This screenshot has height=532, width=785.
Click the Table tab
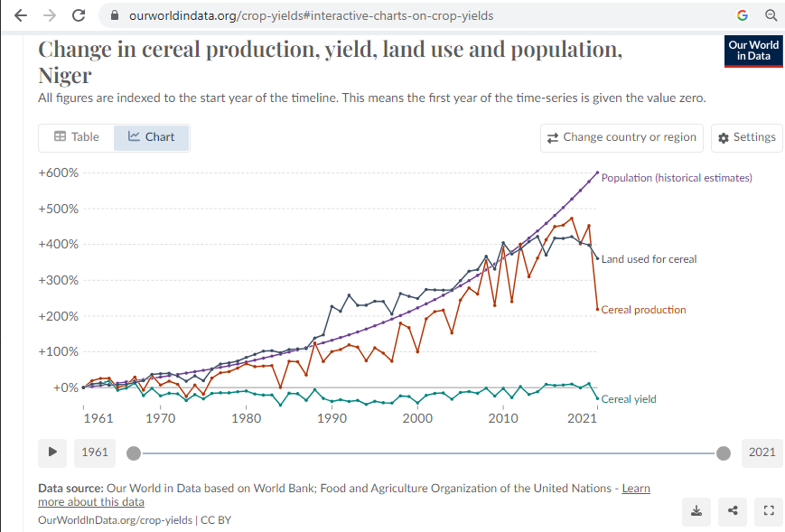(x=77, y=137)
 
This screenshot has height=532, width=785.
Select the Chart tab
(x=152, y=137)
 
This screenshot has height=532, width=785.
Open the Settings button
(x=746, y=137)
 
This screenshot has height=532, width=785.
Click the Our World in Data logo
(x=753, y=51)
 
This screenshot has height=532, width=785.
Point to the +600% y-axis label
(x=59, y=173)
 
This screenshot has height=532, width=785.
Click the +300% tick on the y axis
(x=59, y=280)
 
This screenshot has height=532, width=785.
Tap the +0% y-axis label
(x=64, y=387)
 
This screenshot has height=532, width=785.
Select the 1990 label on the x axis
(x=332, y=418)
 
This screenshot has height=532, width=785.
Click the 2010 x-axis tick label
(x=503, y=418)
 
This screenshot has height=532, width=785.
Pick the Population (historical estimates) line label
(x=677, y=178)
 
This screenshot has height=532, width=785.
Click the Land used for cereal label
(x=649, y=259)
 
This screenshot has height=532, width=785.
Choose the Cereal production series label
(x=643, y=310)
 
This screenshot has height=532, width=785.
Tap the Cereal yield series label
(x=629, y=398)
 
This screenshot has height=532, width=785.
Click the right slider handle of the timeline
(x=724, y=453)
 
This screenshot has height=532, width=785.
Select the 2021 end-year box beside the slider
(x=762, y=453)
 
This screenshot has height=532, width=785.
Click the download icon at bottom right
(x=696, y=511)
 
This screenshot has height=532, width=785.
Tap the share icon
(x=733, y=511)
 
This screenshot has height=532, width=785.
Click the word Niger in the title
(x=65, y=75)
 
